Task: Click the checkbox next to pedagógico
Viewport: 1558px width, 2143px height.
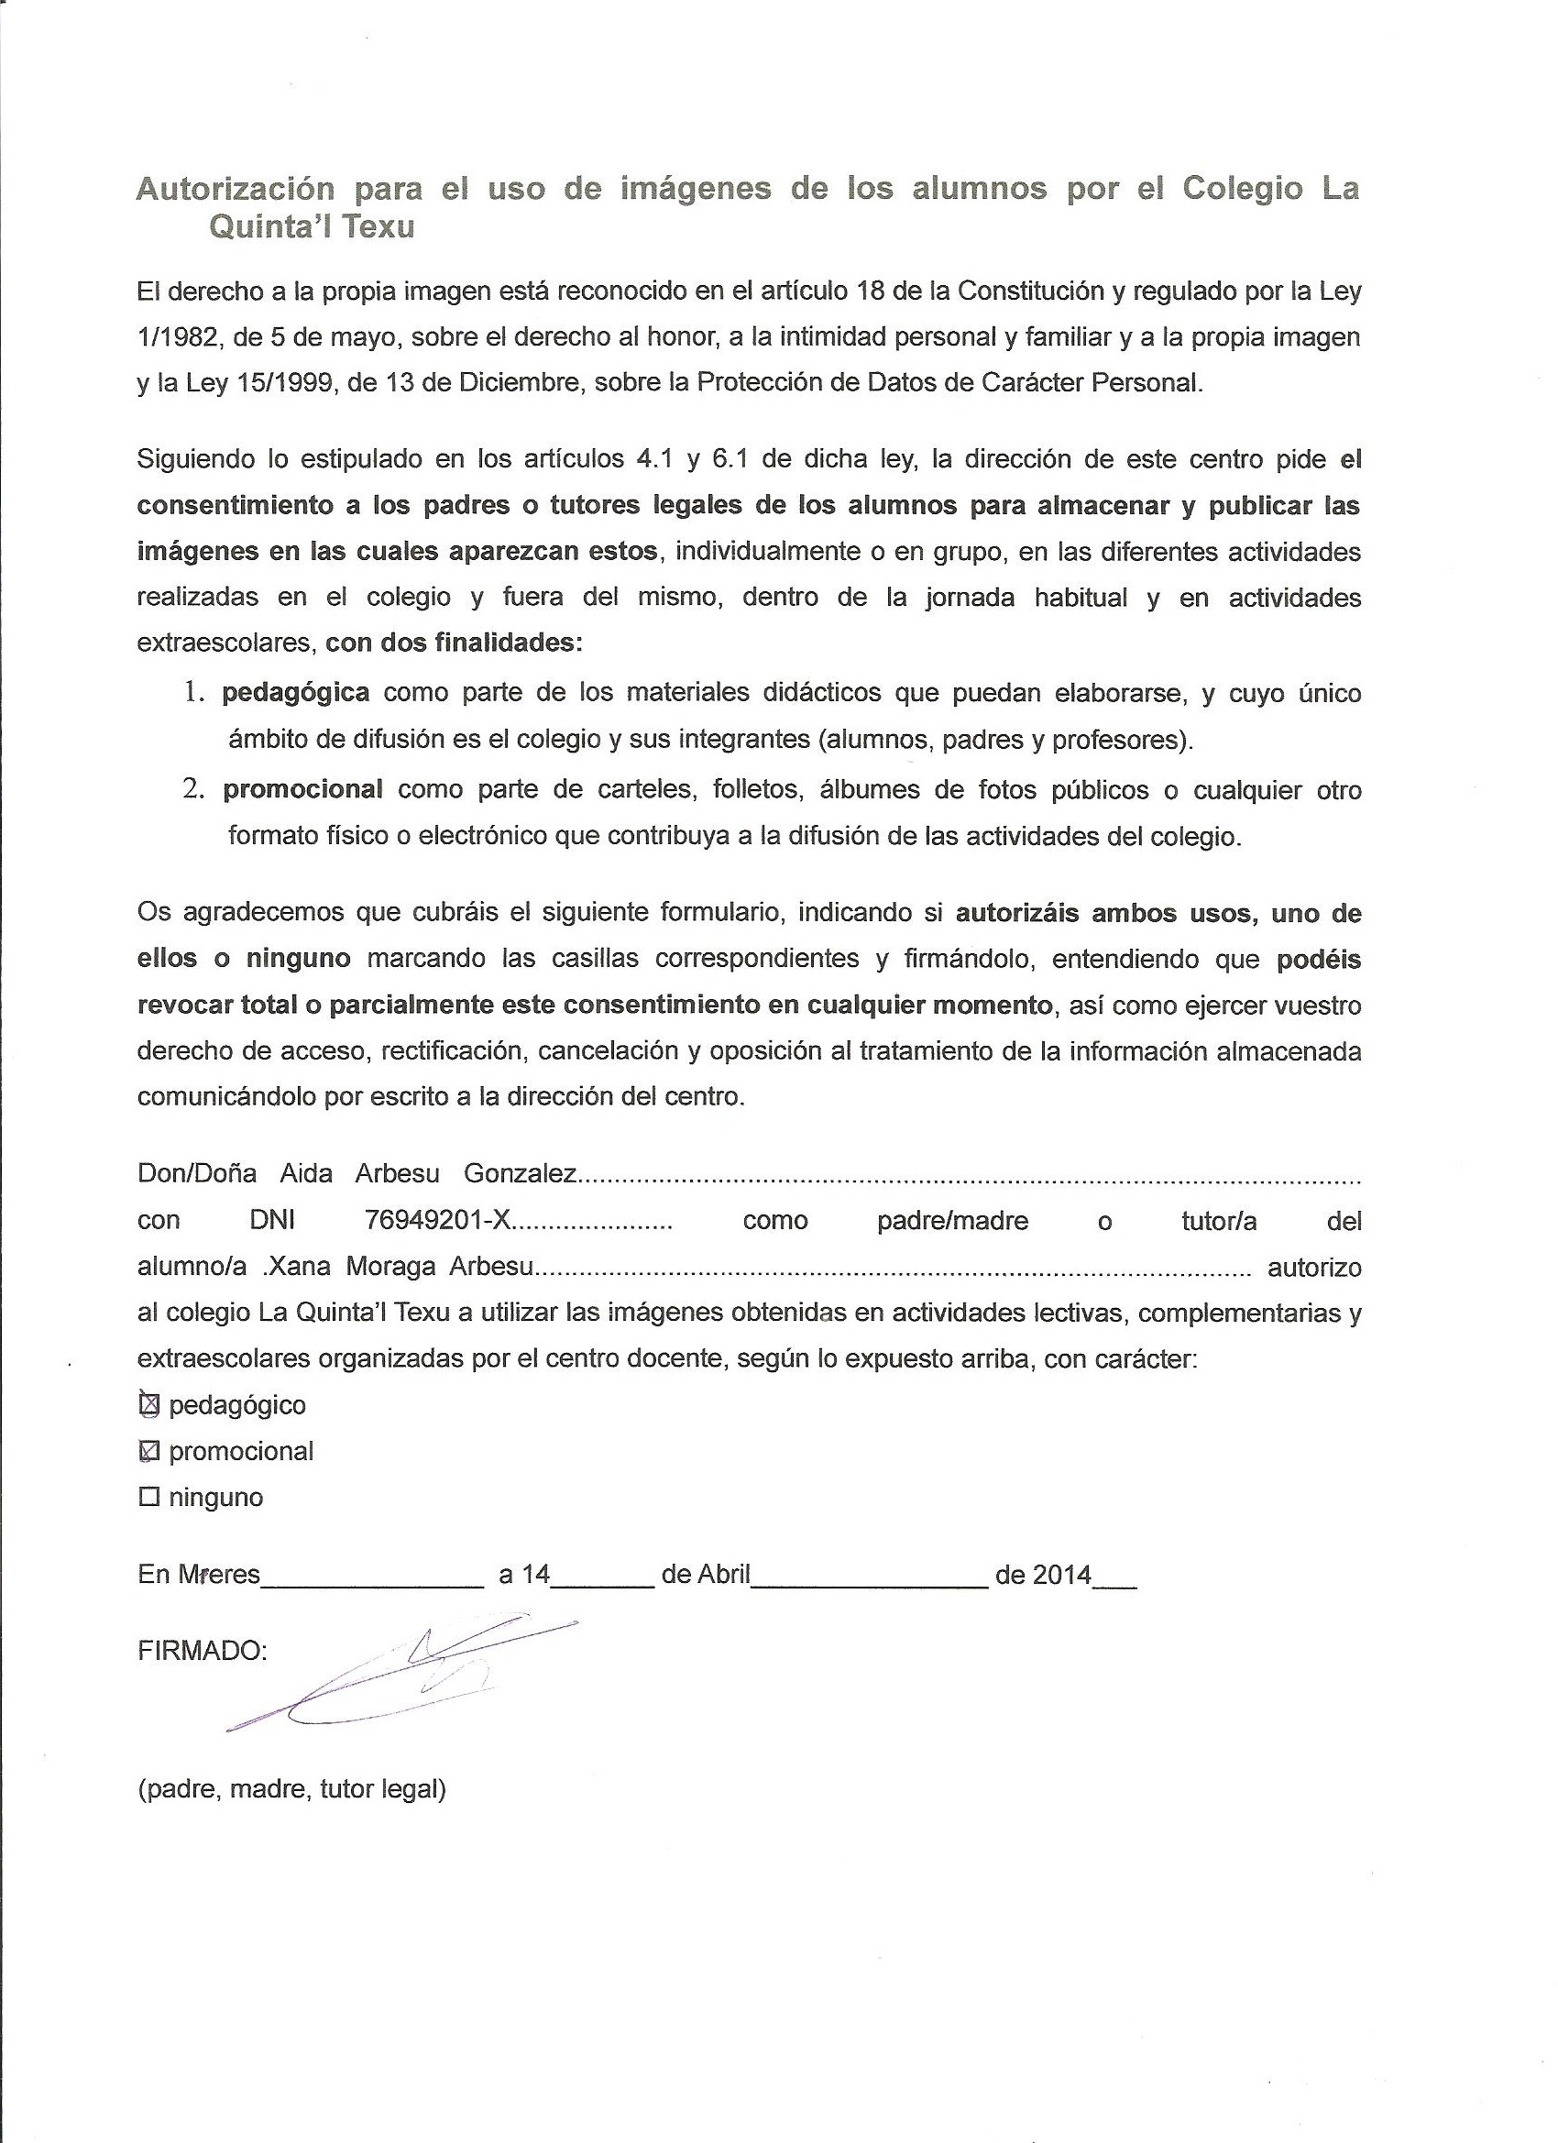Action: (x=148, y=1405)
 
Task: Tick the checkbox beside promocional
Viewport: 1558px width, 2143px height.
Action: (x=148, y=1451)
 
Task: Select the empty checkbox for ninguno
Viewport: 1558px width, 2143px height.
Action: (x=148, y=1497)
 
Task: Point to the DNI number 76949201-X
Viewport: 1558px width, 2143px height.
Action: (x=437, y=1221)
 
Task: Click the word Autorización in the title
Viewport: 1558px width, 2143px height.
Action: (x=236, y=189)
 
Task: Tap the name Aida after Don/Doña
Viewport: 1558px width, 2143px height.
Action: (x=306, y=1174)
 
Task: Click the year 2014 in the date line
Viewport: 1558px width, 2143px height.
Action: (x=1061, y=1575)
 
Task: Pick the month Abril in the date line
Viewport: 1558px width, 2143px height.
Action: (x=723, y=1575)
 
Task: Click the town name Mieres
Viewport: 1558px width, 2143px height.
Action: (x=218, y=1575)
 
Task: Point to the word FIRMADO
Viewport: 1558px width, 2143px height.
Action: (x=203, y=1651)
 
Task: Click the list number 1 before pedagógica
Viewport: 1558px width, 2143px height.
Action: (x=193, y=693)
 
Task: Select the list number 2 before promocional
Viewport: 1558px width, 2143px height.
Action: (x=193, y=789)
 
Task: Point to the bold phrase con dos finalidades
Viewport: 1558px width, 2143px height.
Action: (x=454, y=643)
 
